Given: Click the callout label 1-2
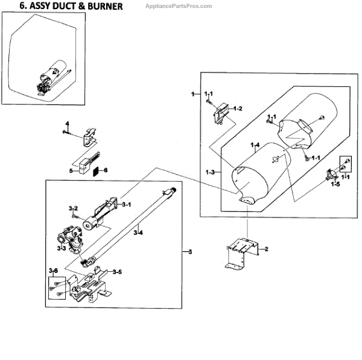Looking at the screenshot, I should click(238, 109).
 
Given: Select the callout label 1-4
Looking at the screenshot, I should click(255, 146).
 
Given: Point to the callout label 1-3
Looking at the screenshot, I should click(210, 173).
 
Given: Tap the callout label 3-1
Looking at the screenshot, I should click(127, 205).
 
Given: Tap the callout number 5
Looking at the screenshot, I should click(71, 171).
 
